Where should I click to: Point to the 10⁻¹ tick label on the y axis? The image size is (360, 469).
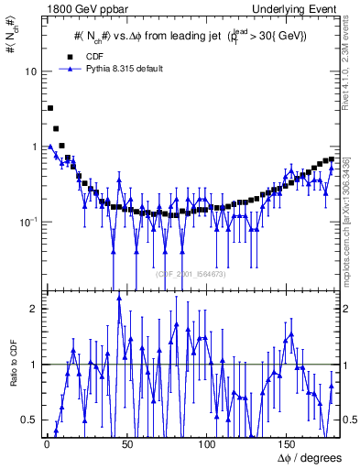(30, 222)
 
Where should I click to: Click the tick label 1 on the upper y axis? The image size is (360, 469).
(36, 147)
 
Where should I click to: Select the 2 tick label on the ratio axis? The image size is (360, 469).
(36, 309)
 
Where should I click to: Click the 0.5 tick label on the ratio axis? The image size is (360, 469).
(32, 420)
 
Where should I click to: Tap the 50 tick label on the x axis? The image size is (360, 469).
(127, 445)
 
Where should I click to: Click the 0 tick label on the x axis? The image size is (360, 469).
(47, 445)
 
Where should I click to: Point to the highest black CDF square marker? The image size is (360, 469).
(50, 108)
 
